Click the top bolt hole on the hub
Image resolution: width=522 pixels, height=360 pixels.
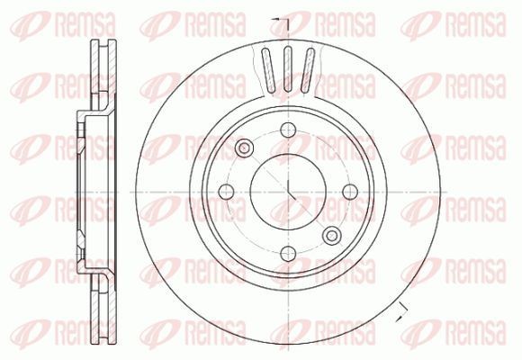288,130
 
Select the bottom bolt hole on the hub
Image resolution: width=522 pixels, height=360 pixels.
288,254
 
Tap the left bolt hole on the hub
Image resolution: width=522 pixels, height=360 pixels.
227,192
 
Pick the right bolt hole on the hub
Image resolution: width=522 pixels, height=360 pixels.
350,192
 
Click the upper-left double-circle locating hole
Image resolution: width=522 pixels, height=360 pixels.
244,148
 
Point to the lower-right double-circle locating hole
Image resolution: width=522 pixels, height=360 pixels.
332,236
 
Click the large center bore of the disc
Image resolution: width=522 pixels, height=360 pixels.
288,192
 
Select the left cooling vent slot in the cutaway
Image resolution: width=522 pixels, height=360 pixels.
268,70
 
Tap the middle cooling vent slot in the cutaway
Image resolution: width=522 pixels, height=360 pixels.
288,69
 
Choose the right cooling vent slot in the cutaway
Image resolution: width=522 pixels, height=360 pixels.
308,70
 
